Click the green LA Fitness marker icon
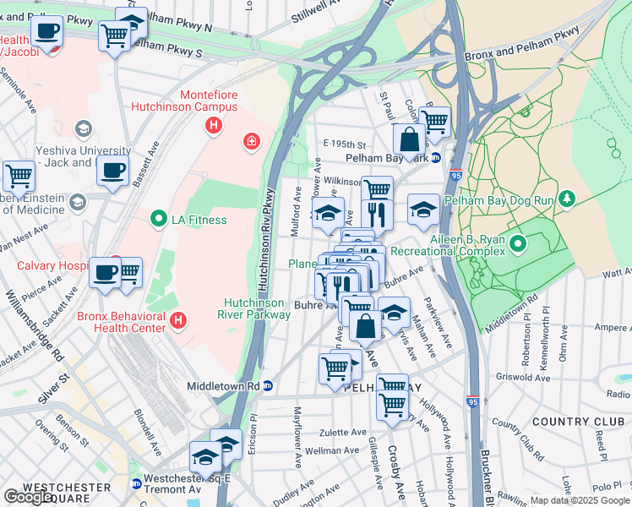coord(157,221)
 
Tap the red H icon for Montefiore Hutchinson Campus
coord(213,126)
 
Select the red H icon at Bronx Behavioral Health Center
coord(177,320)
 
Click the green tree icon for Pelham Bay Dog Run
coord(568,199)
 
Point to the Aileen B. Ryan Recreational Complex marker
coord(518,245)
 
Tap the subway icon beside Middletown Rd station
coord(268,386)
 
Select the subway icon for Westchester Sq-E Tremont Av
coord(136,484)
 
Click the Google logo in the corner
coord(29,497)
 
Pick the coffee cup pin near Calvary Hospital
coord(106,272)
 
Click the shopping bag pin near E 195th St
coord(409,139)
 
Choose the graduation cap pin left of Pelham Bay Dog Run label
coord(423,210)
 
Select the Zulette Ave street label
coord(343,431)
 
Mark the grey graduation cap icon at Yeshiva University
coord(83,128)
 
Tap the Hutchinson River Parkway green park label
coord(257,308)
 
